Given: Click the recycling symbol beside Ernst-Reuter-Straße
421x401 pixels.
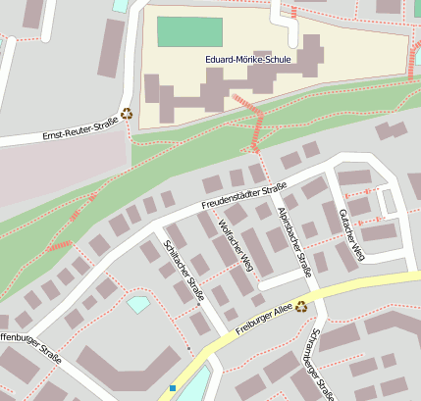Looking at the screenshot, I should click(127, 114).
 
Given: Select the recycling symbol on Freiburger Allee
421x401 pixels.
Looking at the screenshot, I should click(300, 306).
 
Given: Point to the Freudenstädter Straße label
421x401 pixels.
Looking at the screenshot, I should click(243, 196).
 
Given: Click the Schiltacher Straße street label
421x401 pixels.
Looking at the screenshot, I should click(184, 270).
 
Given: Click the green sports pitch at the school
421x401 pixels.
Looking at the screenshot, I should click(189, 31).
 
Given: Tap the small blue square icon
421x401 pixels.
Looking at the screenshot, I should click(173, 388).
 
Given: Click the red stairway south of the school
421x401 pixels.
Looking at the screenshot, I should click(258, 128).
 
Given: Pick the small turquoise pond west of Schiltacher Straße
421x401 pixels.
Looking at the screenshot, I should click(138, 304).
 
